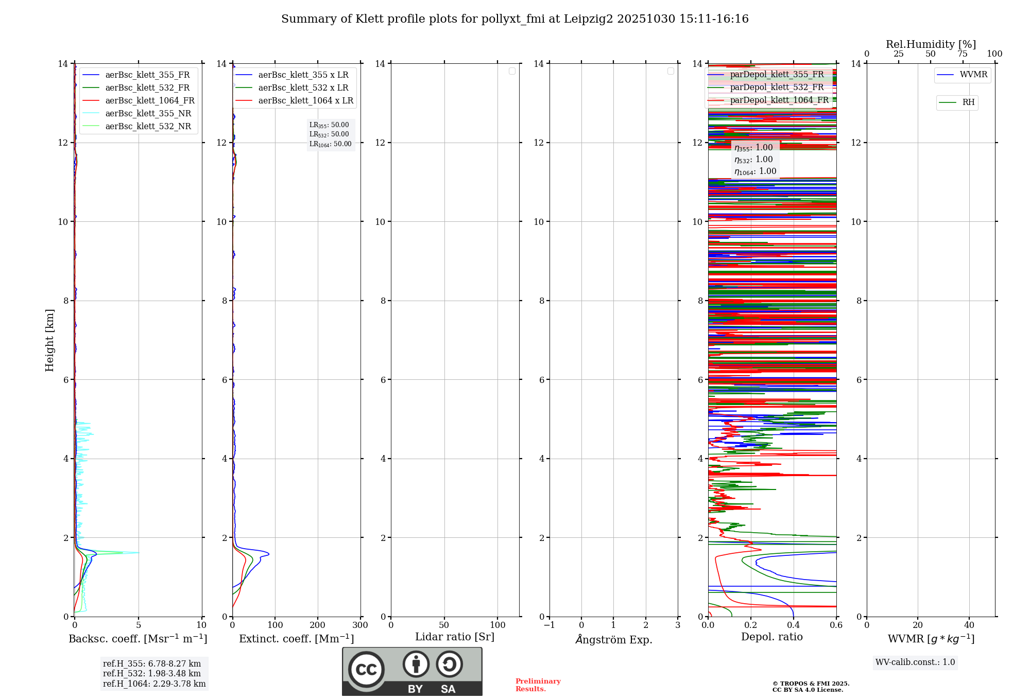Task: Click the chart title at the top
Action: click(514, 19)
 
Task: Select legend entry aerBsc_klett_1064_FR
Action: click(149, 101)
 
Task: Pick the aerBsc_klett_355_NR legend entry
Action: click(148, 114)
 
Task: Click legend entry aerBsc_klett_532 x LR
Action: click(303, 88)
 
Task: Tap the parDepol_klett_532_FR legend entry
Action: click(777, 87)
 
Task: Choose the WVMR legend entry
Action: click(973, 75)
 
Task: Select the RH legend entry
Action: click(968, 102)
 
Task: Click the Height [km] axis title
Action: click(49, 340)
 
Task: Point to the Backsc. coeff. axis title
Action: click(138, 639)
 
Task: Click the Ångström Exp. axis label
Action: click(613, 639)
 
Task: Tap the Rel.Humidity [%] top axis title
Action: click(931, 44)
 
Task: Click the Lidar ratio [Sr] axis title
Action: click(455, 637)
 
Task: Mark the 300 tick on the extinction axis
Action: click(360, 625)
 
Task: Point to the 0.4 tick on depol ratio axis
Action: click(794, 625)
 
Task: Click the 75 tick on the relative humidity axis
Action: click(962, 54)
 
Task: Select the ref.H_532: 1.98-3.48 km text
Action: click(152, 674)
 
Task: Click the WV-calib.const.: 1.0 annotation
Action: click(915, 662)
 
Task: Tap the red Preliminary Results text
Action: click(538, 685)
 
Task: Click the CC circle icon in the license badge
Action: click(366, 670)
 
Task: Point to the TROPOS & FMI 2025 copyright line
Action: click(811, 684)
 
